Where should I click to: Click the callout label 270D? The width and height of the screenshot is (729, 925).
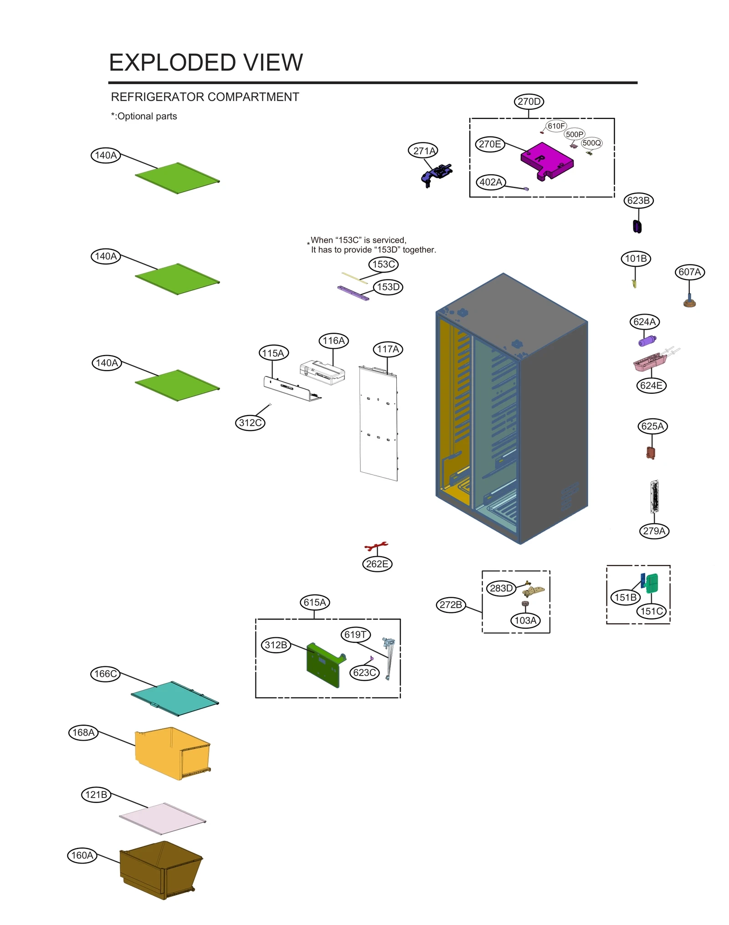click(529, 102)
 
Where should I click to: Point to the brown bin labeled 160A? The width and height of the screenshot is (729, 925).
click(159, 870)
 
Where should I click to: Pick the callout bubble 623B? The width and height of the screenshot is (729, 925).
click(638, 200)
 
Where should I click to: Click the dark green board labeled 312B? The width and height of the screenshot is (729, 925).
click(323, 665)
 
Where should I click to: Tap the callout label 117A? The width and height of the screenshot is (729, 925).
click(388, 349)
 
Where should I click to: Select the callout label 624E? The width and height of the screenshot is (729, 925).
click(651, 386)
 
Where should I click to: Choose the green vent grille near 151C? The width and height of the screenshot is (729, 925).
click(652, 582)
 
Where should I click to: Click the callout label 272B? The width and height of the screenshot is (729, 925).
click(451, 605)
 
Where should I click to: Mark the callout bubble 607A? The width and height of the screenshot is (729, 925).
click(689, 272)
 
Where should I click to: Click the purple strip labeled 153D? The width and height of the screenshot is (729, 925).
click(353, 293)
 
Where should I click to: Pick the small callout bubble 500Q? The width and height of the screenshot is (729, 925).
click(591, 143)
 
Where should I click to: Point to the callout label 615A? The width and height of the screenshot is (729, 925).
click(314, 602)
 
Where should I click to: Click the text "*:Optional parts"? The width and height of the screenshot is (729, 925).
click(144, 116)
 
